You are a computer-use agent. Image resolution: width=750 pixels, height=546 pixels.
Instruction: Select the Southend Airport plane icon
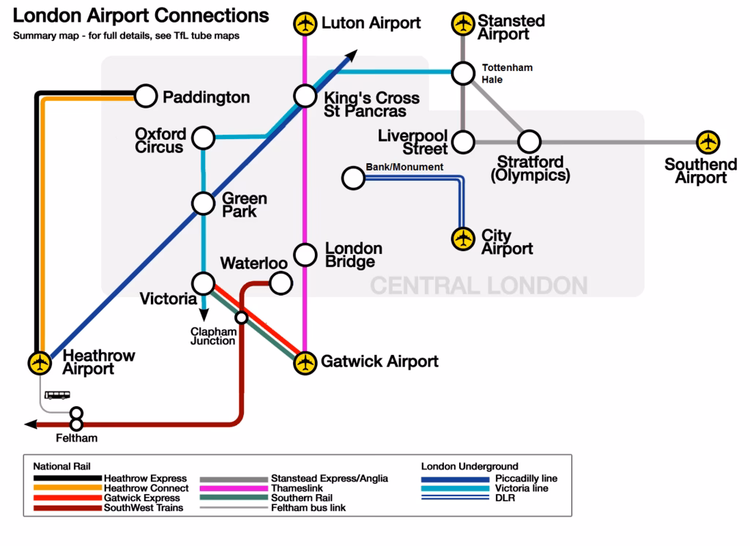(707, 141)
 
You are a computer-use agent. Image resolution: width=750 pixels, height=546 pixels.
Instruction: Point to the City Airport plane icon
(463, 239)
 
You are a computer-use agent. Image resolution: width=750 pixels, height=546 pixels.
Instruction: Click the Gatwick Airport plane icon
(305, 362)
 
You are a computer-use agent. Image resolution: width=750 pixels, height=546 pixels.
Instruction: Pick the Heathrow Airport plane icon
(40, 362)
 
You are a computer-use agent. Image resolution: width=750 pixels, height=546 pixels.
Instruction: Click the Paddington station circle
(146, 96)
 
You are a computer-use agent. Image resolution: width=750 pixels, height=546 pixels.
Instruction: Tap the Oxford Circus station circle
(203, 137)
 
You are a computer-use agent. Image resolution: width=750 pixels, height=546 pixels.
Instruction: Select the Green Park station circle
(203, 203)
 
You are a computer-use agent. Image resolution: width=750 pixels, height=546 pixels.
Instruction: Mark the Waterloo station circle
(281, 283)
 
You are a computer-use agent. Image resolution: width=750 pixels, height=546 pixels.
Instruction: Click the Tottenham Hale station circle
(463, 73)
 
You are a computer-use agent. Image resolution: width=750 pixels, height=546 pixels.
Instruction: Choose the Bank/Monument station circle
(354, 178)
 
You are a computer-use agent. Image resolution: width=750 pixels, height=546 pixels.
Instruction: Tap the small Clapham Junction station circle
(240, 318)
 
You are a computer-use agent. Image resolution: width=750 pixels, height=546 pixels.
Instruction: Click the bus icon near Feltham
(58, 394)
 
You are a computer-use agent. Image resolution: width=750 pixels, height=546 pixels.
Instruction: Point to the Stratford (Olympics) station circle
(530, 141)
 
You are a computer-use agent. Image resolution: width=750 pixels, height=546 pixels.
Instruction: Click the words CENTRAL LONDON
(478, 285)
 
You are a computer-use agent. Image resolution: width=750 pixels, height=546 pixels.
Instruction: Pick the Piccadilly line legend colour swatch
(455, 479)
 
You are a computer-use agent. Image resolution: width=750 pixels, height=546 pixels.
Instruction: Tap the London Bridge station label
(353, 255)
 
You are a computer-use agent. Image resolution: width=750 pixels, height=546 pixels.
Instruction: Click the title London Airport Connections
(141, 16)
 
